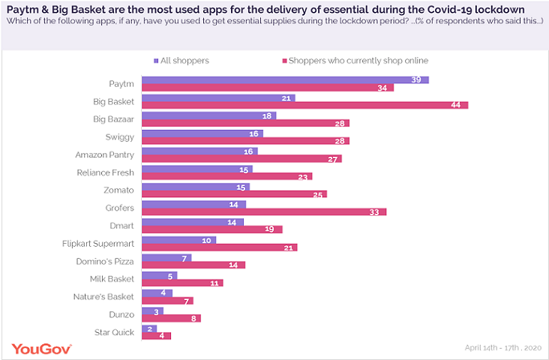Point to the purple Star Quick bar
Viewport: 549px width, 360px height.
click(x=149, y=328)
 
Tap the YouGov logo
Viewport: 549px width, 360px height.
click(x=41, y=349)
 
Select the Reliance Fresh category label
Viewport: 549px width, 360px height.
click(x=106, y=172)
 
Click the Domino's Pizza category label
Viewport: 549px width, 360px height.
click(x=106, y=261)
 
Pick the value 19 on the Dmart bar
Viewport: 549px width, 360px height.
click(x=274, y=229)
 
